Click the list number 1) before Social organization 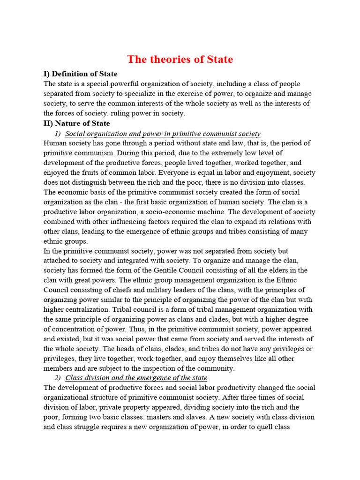(59, 134)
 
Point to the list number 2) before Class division (59, 377)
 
